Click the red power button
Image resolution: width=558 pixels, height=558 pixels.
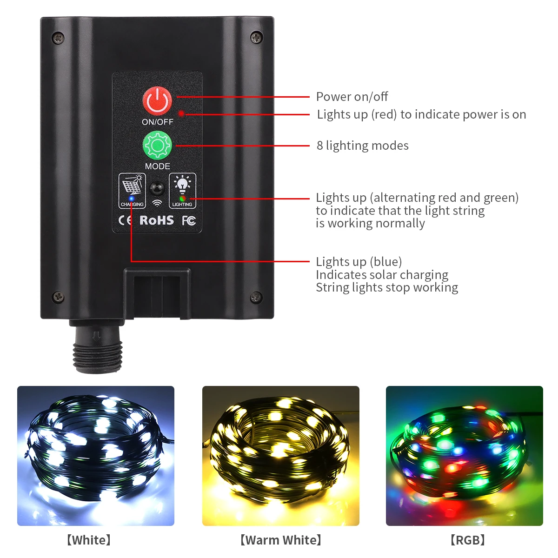(x=157, y=100)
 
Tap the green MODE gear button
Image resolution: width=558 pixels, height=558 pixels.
(x=157, y=146)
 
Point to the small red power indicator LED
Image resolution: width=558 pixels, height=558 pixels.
(x=181, y=113)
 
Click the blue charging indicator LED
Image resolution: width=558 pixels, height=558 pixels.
(x=132, y=199)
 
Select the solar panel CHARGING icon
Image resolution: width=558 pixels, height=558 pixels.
(x=132, y=187)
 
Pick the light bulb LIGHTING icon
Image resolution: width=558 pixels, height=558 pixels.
(x=182, y=185)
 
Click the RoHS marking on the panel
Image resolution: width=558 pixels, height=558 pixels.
(x=157, y=220)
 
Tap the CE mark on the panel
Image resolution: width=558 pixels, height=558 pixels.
(x=125, y=220)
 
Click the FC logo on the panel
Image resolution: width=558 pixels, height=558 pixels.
(x=188, y=220)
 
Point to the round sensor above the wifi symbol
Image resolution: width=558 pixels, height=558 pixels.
(x=157, y=189)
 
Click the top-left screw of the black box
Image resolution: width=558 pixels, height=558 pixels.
(x=58, y=38)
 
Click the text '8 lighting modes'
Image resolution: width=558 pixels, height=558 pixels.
(x=363, y=146)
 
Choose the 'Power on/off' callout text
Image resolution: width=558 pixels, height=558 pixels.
(x=352, y=97)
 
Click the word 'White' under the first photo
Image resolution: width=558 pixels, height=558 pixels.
(x=89, y=540)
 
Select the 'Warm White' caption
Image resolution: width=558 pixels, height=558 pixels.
(x=281, y=540)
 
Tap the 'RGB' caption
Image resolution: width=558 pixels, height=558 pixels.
(x=467, y=540)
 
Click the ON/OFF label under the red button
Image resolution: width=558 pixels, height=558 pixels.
(x=157, y=122)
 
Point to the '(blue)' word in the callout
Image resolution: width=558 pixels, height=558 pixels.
(x=386, y=262)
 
